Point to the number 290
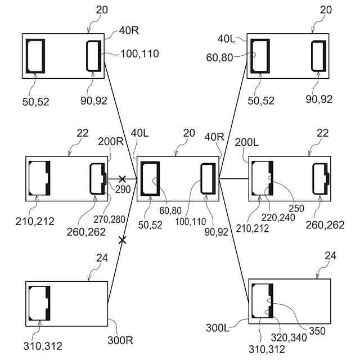click(x=123, y=189)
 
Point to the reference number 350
click(x=317, y=331)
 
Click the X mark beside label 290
click(x=121, y=179)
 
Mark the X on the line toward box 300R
click(x=121, y=240)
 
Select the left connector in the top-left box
click(x=35, y=56)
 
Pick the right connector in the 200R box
click(x=98, y=178)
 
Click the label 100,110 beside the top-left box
click(x=139, y=54)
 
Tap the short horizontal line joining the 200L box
click(x=234, y=179)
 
